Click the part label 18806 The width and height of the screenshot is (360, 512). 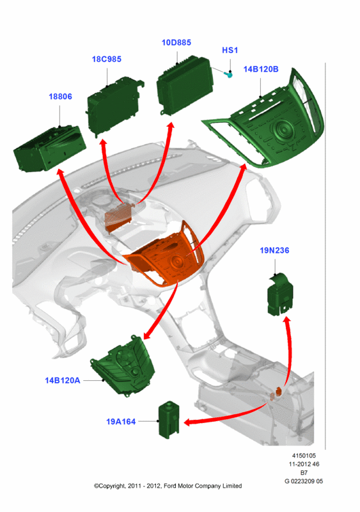coord(60,97)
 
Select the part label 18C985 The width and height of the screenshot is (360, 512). coord(106,59)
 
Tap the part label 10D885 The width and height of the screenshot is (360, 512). coord(176,42)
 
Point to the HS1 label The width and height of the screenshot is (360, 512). coord(230,51)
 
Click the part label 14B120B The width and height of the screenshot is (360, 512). coord(261,69)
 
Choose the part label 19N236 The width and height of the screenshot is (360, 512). coord(274,250)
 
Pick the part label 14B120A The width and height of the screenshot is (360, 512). coord(62,380)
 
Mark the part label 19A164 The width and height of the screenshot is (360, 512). coord(121,422)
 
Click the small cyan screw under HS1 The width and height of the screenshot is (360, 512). coord(229,75)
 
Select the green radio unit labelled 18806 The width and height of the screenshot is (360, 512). coord(50,148)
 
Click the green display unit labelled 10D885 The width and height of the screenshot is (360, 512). coord(184,85)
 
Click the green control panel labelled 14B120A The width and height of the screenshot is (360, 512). coord(124,365)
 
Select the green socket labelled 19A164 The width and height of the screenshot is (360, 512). coord(169,420)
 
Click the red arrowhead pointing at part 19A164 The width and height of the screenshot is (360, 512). coord(189,422)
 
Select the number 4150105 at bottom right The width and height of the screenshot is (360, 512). coord(304,456)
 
